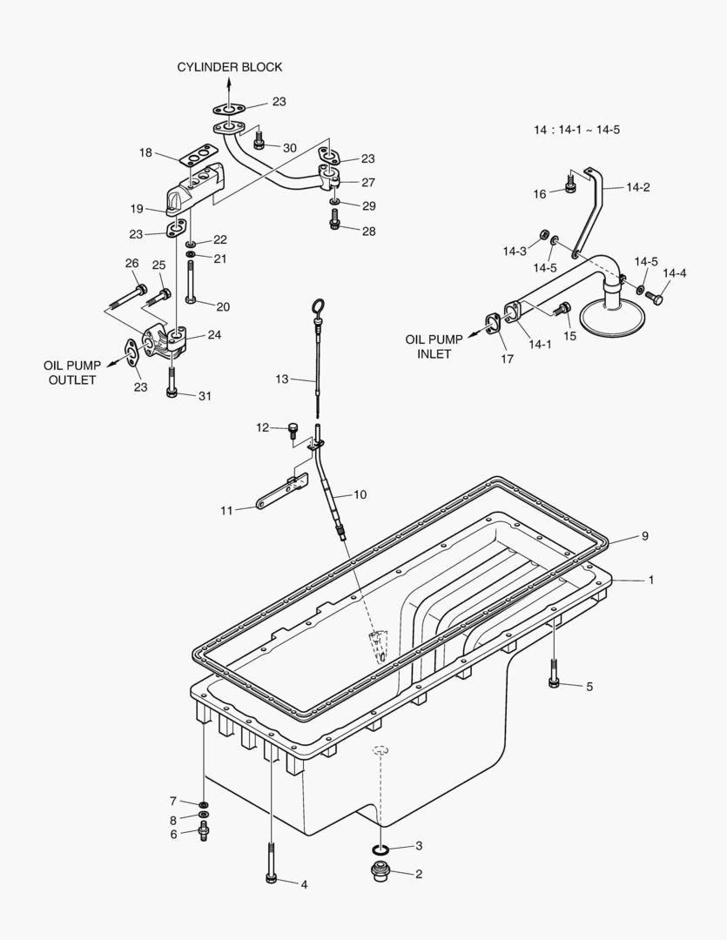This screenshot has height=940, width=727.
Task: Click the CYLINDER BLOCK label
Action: click(x=230, y=67)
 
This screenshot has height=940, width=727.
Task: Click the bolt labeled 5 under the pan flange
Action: click(x=555, y=677)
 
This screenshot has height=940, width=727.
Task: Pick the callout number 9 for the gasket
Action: click(x=645, y=536)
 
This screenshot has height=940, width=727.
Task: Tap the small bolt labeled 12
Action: click(x=293, y=429)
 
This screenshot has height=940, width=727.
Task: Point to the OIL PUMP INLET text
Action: click(x=428, y=346)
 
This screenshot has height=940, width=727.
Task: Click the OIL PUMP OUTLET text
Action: click(x=71, y=373)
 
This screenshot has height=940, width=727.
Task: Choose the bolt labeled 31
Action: click(x=172, y=386)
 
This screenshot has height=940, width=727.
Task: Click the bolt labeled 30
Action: click(x=259, y=140)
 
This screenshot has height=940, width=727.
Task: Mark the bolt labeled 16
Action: click(x=569, y=185)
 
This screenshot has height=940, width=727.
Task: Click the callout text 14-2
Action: click(x=638, y=186)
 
